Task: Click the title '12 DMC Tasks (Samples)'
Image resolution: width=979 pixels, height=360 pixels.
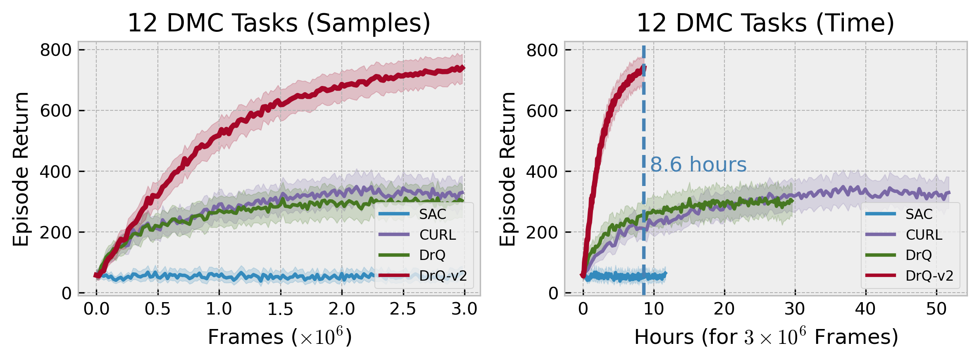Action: (279, 23)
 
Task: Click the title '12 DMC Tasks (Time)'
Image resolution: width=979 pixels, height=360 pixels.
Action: (765, 23)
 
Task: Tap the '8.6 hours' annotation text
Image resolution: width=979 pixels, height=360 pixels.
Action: (698, 165)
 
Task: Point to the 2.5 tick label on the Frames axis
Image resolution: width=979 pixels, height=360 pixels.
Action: (403, 309)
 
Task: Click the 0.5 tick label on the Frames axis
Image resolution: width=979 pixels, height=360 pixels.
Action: (157, 309)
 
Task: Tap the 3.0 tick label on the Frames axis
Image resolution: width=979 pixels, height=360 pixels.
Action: (464, 309)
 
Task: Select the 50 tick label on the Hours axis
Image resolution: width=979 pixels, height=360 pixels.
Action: (936, 309)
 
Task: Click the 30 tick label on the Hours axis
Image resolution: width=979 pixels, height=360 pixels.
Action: (795, 309)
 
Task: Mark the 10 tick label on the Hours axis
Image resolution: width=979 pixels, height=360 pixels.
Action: (653, 309)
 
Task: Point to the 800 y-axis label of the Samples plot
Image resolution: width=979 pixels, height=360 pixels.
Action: (55, 50)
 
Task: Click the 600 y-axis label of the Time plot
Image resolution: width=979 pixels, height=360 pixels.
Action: (542, 111)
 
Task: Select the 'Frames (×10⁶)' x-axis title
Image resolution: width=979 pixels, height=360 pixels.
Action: (279, 337)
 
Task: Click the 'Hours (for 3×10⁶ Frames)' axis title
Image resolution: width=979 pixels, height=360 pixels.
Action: (766, 337)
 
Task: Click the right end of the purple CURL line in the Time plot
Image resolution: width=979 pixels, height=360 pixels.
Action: (949, 193)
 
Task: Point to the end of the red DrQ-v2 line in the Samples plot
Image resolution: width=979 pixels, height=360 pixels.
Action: (464, 68)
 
